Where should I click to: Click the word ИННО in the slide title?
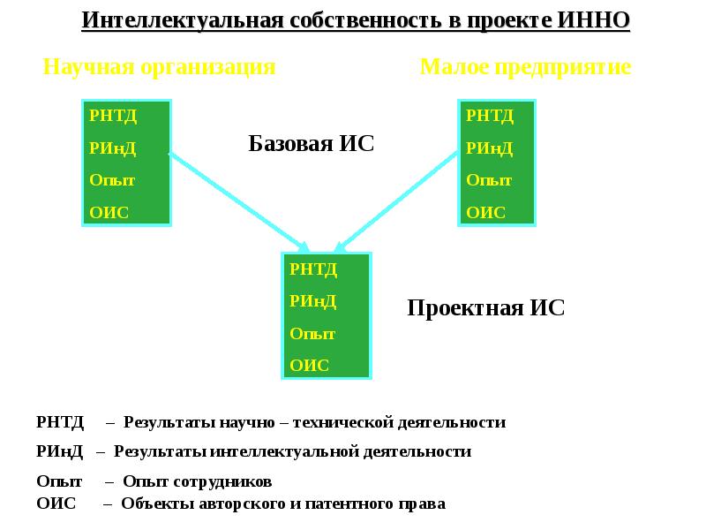click(595, 20)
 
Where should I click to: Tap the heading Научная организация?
click(160, 67)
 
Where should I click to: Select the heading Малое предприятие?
click(525, 67)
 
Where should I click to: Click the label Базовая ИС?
click(312, 144)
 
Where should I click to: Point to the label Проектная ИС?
click(485, 308)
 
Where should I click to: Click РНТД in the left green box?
click(113, 115)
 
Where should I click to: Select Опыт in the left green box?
click(112, 180)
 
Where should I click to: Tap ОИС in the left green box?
click(109, 212)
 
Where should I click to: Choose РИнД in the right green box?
click(489, 148)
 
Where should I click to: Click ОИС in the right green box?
click(485, 212)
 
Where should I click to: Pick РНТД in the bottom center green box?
click(313, 269)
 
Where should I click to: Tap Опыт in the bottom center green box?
click(312, 334)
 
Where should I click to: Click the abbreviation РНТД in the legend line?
click(60, 422)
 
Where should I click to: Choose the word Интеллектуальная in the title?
click(182, 20)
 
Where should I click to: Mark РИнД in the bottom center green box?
click(312, 301)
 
